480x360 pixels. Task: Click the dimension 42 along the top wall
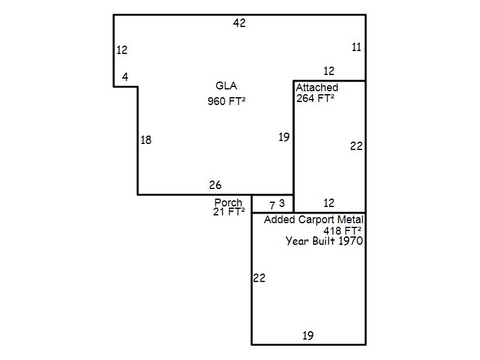click(x=239, y=23)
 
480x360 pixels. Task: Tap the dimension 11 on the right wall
click(x=356, y=47)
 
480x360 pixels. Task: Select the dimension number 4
click(x=125, y=77)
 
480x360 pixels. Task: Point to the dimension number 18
click(x=146, y=140)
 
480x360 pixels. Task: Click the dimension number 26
click(x=215, y=185)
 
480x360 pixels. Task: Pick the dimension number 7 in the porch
click(x=272, y=205)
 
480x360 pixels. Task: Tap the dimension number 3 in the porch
click(x=282, y=203)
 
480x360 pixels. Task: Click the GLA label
click(x=226, y=86)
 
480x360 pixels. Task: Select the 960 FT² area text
click(x=227, y=101)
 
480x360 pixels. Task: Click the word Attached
click(x=317, y=88)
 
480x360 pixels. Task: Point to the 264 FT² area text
click(x=315, y=98)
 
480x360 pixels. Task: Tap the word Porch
click(x=228, y=202)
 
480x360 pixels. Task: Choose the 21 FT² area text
click(x=229, y=212)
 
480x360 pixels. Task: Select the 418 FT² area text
click(x=343, y=230)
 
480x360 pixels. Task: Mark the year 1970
click(x=351, y=241)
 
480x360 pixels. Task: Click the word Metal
click(x=350, y=220)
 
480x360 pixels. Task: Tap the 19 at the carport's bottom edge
click(x=308, y=336)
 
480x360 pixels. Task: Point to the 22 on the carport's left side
click(x=259, y=278)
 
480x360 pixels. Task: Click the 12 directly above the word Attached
click(x=329, y=71)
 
